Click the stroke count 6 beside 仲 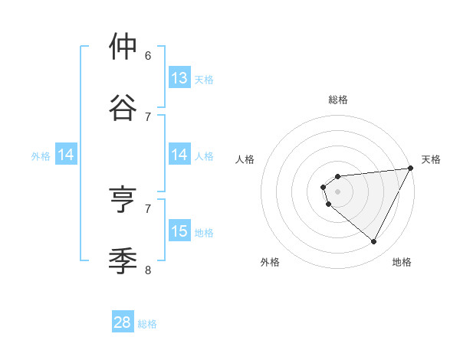point(148,55)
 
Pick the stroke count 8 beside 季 point(148,269)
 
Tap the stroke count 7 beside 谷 point(148,116)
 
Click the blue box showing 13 point(179,78)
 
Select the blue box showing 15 point(179,231)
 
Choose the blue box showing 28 point(123,322)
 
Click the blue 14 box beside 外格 point(66,155)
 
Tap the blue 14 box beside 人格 point(179,155)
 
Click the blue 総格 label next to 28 point(147,324)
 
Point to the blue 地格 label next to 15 point(204,232)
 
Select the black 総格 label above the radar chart point(338,100)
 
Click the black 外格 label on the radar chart point(270,263)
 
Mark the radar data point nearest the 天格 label point(410,168)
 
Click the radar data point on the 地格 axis point(374,242)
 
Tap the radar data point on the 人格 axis point(324,186)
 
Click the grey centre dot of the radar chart point(337,191)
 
